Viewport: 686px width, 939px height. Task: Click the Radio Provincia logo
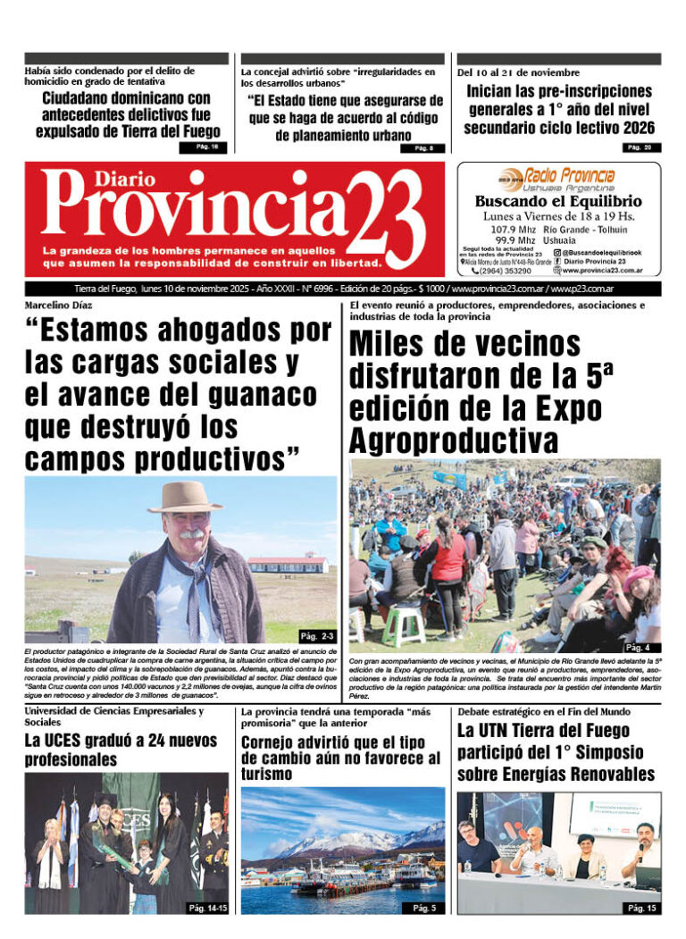(x=558, y=178)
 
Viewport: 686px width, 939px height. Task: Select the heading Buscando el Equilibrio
(x=558, y=202)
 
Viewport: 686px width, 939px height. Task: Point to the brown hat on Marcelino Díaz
(x=186, y=497)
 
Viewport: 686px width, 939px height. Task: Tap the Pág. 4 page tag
(x=640, y=646)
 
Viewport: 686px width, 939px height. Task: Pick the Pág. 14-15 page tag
(x=207, y=908)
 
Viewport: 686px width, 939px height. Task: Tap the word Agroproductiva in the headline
(x=454, y=440)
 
